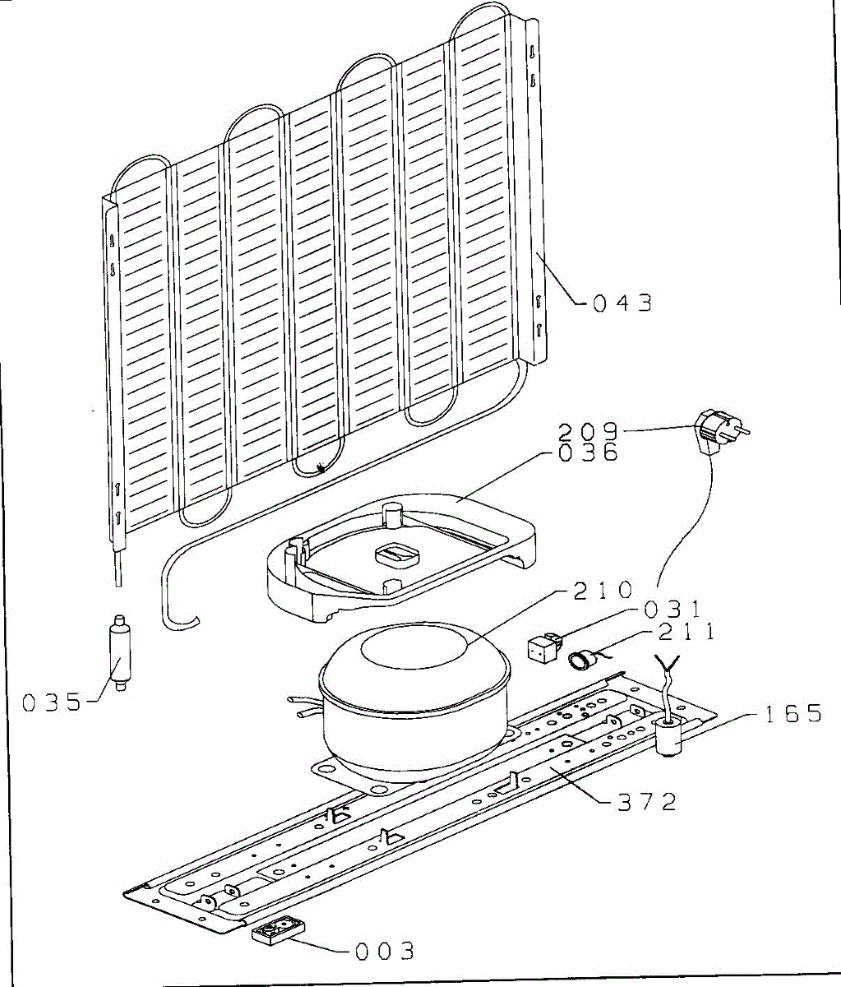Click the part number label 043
[622, 303]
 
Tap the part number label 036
[589, 452]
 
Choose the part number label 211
[685, 632]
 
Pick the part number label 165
[792, 713]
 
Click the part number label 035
[52, 702]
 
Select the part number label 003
[384, 952]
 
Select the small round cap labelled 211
[582, 658]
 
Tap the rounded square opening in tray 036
[398, 555]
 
